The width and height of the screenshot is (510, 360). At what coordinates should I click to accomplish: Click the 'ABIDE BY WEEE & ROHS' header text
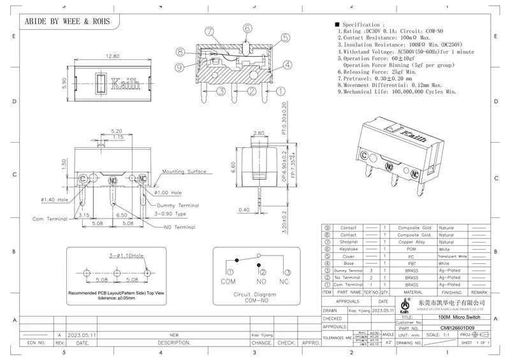[x=67, y=21]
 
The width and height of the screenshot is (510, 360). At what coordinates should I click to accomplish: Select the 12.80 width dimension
[x=112, y=56]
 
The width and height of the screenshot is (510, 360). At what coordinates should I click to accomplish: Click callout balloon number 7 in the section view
[x=208, y=31]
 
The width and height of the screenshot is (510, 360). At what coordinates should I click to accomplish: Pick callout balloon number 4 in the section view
[x=288, y=64]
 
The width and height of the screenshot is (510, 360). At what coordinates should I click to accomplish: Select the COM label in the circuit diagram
[x=228, y=281]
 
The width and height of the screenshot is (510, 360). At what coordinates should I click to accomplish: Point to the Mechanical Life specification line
[x=398, y=92]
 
